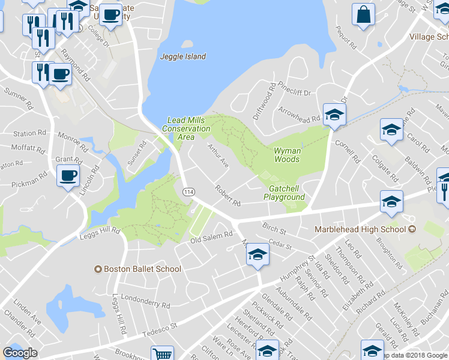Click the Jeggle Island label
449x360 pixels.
[183, 56]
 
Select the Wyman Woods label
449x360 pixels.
[287, 155]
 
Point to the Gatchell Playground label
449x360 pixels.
[284, 193]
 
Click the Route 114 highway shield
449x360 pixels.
[188, 191]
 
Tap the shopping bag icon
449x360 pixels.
[364, 16]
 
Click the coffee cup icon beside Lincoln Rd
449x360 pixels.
[68, 176]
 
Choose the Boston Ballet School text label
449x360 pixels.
[143, 269]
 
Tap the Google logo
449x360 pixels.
[20, 353]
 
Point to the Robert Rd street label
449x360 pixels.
[228, 194]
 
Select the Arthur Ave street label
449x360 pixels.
[218, 154]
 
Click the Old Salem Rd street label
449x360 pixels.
[211, 238]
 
